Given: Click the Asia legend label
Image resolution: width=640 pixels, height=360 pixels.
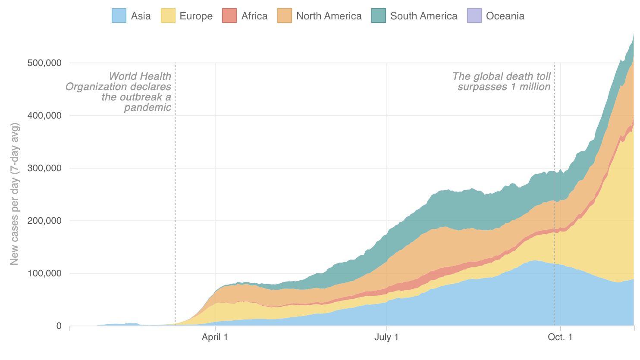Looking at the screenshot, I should [x=141, y=16].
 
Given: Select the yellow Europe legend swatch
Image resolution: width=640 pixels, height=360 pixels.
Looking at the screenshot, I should [x=168, y=16].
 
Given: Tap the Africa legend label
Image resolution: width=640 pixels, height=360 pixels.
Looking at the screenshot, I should [x=254, y=16].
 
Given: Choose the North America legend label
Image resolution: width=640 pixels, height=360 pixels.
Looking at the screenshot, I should [x=329, y=16].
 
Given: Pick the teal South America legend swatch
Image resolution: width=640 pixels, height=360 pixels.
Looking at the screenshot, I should [x=379, y=16].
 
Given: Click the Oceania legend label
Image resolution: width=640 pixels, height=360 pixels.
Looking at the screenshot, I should [x=505, y=16].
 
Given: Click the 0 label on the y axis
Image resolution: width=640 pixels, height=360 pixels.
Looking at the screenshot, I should [x=59, y=326].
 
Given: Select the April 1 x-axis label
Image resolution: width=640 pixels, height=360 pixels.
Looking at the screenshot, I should [x=215, y=337].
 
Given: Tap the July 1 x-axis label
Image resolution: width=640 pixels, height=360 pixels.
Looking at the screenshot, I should [x=386, y=337].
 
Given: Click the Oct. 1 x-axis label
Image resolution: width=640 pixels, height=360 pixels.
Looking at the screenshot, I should [x=560, y=337].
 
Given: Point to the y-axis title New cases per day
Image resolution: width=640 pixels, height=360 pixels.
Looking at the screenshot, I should [x=15, y=194].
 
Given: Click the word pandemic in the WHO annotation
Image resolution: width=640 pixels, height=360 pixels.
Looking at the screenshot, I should [x=147, y=107].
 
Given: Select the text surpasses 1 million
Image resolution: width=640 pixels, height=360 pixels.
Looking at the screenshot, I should [x=504, y=87].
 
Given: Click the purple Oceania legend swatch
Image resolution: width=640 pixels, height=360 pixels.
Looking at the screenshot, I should [x=474, y=16].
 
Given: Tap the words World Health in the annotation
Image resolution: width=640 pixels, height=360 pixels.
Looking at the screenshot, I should [x=140, y=76].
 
